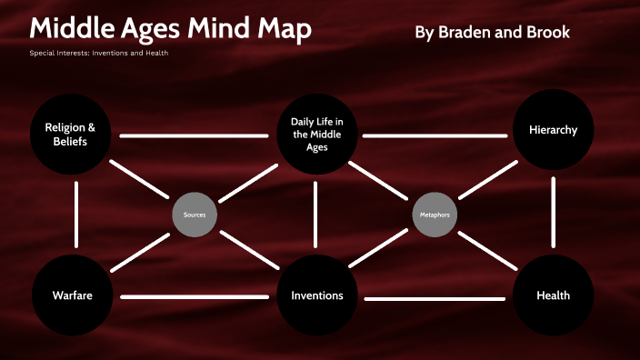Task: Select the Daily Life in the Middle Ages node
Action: pos(316,135)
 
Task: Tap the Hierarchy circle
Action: pos(553,130)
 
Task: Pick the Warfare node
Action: pos(72,295)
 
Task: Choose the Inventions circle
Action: pos(316,295)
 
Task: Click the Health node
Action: pos(553,295)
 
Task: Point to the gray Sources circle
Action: pos(194,215)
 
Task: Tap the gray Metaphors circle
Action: pos(435,215)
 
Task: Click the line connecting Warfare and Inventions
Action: pos(194,296)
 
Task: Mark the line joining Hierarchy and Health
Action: pos(553,213)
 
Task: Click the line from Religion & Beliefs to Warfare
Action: pos(76,215)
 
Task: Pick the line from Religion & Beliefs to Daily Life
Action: pos(194,136)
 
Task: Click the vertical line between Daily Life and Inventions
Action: pos(316,215)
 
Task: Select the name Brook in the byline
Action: pos(547,32)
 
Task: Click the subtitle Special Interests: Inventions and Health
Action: pos(98,52)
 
